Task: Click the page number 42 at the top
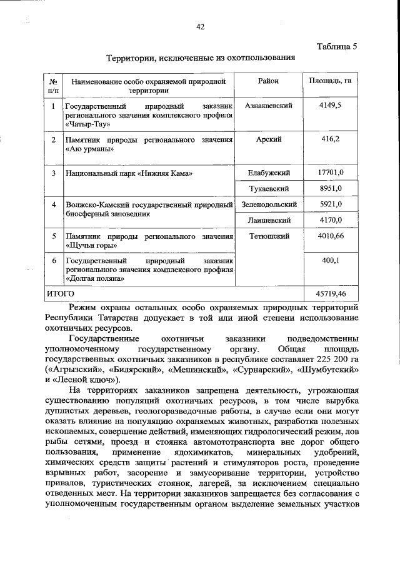coord(200,26)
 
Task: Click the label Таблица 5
coord(336,46)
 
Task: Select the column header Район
coord(267,81)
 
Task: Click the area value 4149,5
coord(329,106)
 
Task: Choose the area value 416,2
coord(329,139)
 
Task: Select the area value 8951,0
coord(329,188)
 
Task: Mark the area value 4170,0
coord(329,220)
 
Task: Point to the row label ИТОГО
coord(61,293)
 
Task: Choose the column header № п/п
coord(54,86)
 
